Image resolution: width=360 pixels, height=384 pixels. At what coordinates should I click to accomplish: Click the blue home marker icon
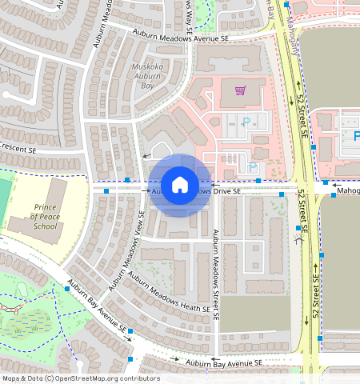[x=180, y=185]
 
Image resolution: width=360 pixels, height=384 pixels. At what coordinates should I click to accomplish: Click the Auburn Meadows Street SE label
[x=216, y=272]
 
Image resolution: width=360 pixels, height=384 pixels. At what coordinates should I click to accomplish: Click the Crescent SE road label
[x=18, y=150]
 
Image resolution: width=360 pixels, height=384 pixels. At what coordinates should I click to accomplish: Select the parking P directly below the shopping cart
[x=246, y=122]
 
